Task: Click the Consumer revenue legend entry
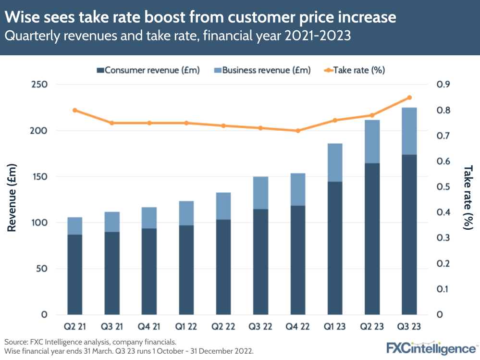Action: pyautogui.click(x=148, y=70)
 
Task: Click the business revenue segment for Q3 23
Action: pyautogui.click(x=409, y=131)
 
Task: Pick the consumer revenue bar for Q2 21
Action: pyautogui.click(x=74, y=274)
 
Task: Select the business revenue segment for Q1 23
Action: pyautogui.click(x=335, y=162)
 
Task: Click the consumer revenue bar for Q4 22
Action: pyautogui.click(x=298, y=260)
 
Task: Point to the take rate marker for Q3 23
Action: pyautogui.click(x=409, y=98)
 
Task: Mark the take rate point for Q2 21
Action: pyautogui.click(x=75, y=110)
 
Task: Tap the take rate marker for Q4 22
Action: pyautogui.click(x=298, y=131)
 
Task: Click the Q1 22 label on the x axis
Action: pyautogui.click(x=186, y=327)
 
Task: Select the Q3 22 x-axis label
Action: pyautogui.click(x=260, y=327)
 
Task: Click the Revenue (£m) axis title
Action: pyautogui.click(x=12, y=197)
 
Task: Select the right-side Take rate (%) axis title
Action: pyautogui.click(x=468, y=197)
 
